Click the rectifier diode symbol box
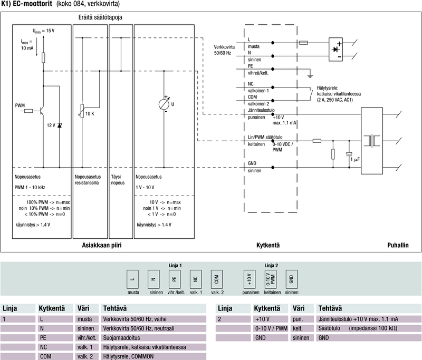tap(336, 48)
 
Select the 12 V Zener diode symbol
tap(59, 125)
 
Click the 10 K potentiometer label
tap(89, 113)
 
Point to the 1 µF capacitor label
tap(356, 159)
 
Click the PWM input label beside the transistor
tap(20, 105)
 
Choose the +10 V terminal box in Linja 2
tap(248, 278)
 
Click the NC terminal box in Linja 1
tap(195, 278)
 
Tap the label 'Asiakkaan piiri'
tap(105, 245)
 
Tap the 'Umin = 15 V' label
tap(43, 31)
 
